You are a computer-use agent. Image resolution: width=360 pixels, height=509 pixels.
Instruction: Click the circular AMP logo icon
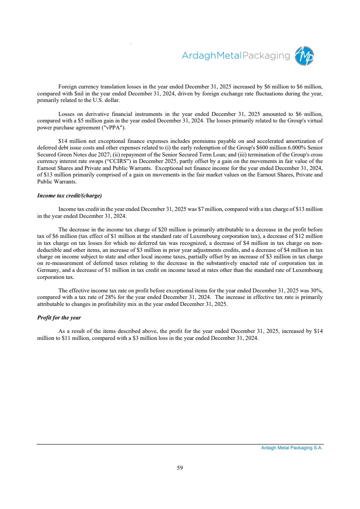click(x=304, y=56)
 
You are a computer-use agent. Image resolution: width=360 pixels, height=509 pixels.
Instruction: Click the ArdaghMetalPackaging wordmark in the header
click(x=235, y=56)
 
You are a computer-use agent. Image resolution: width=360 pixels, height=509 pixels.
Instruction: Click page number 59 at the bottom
click(x=180, y=468)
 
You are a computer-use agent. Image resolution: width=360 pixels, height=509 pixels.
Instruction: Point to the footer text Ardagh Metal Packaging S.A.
click(x=289, y=448)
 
